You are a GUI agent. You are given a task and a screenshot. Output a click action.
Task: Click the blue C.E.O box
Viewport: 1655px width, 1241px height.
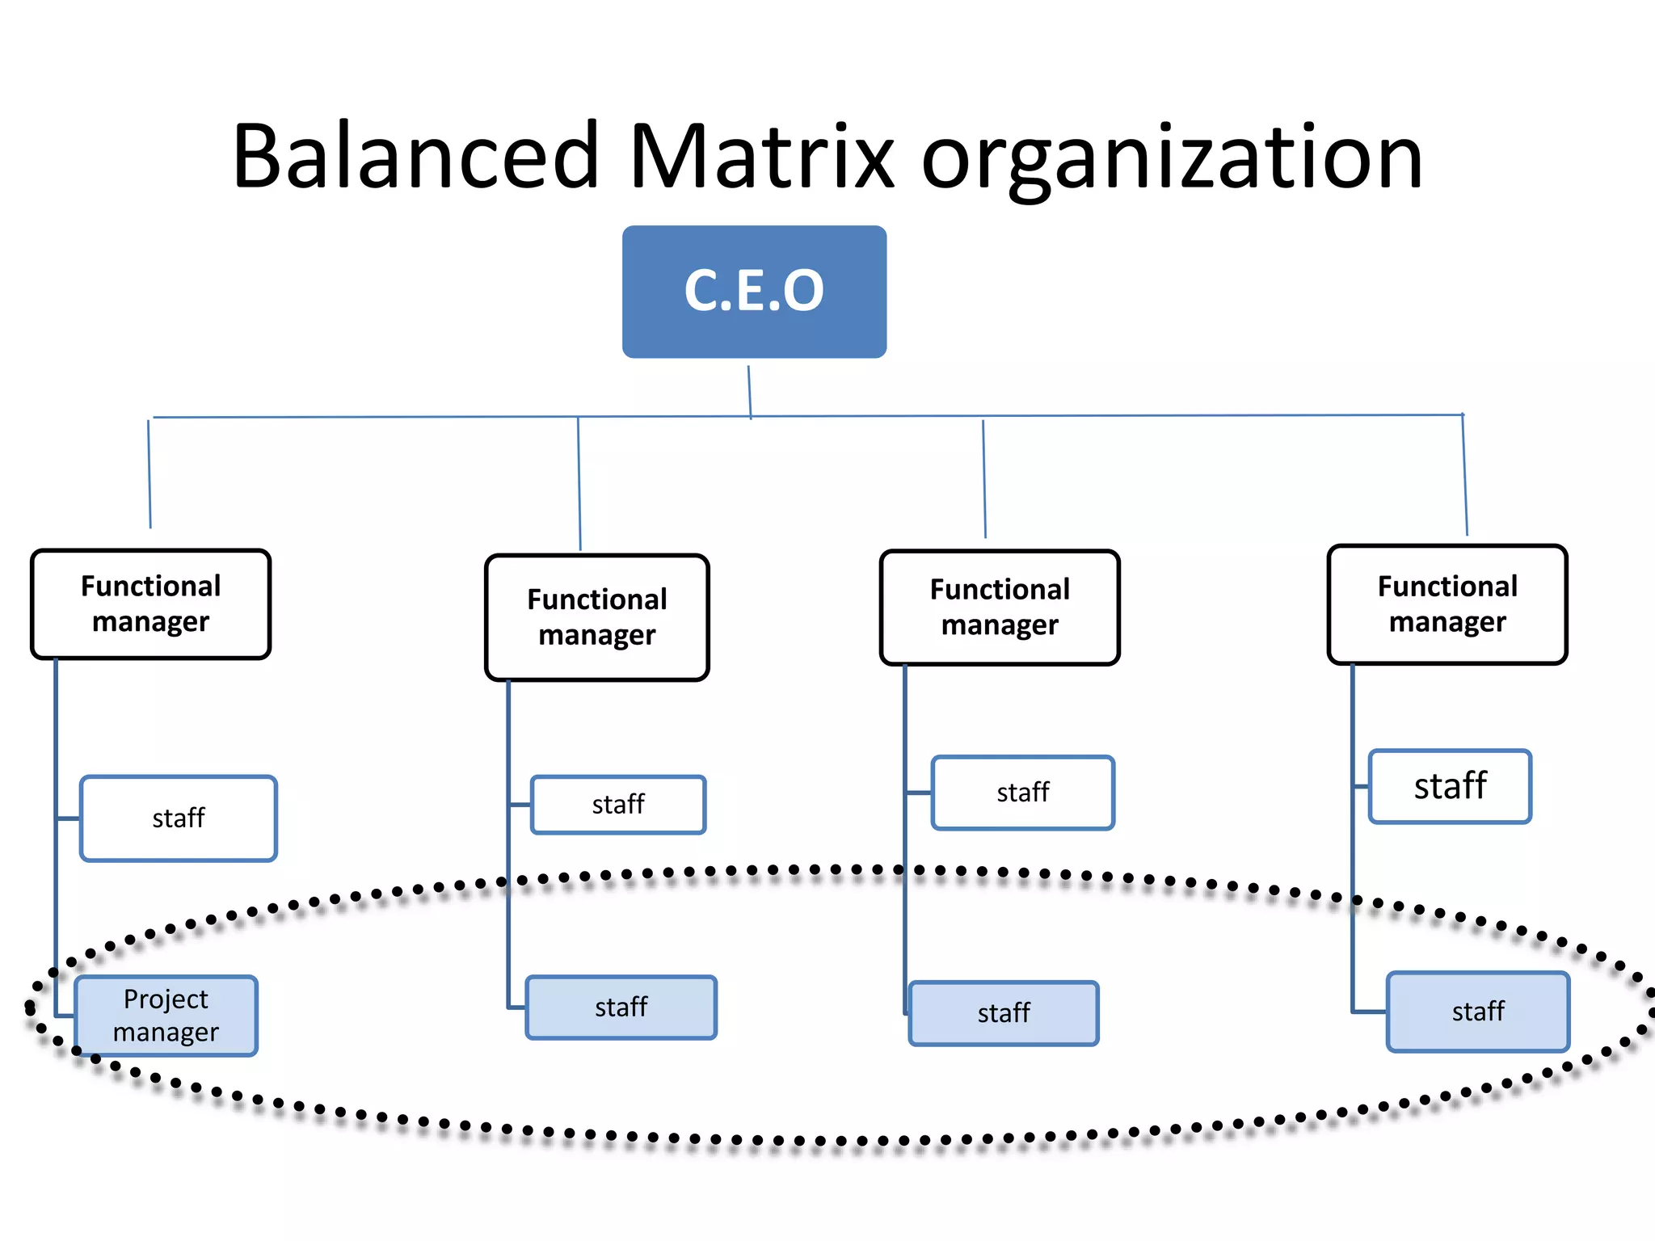[754, 292]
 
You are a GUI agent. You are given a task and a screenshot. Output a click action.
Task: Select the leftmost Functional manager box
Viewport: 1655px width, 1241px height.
[150, 604]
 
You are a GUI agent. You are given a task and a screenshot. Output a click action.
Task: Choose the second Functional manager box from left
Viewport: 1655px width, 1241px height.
[597, 617]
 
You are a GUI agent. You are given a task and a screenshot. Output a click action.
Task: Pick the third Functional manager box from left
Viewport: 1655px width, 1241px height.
[1000, 608]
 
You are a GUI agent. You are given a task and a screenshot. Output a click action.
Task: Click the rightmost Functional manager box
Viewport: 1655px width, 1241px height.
[1447, 604]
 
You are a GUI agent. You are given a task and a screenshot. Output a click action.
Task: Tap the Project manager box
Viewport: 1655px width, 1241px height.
[166, 1016]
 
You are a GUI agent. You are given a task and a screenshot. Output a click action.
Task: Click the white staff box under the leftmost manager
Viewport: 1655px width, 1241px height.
[179, 818]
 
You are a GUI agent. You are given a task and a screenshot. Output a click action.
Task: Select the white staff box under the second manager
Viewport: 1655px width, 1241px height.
[618, 805]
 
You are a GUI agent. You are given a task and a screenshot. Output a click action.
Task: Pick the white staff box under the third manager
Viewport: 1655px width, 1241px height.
[1023, 793]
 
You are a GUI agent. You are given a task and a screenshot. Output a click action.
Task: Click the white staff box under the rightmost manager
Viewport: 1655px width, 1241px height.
[1450, 786]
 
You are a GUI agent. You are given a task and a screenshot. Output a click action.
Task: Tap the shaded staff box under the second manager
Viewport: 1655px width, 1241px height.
[621, 1008]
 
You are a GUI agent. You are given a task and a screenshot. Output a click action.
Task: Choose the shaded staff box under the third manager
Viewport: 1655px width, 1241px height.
[1004, 1013]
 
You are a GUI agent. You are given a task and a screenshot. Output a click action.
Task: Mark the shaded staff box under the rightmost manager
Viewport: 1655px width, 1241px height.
[1478, 1012]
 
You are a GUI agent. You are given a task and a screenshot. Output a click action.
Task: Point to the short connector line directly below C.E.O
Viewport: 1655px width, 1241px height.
[749, 392]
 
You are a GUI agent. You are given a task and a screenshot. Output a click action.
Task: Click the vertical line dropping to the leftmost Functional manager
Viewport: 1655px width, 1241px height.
[149, 473]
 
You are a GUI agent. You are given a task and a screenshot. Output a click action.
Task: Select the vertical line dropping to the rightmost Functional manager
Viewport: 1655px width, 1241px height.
[1465, 475]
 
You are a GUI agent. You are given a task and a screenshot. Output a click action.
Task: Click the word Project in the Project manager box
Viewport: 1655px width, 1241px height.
[166, 999]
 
